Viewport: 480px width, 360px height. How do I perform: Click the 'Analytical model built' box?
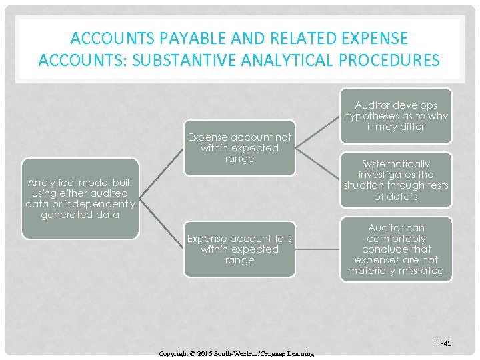point(80,198)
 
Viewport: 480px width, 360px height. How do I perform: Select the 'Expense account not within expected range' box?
point(239,148)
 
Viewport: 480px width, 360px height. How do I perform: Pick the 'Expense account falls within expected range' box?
point(239,249)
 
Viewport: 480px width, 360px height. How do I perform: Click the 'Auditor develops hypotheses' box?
point(396,115)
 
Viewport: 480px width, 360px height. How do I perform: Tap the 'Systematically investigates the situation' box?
point(396,180)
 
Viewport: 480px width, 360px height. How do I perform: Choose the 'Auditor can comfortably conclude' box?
point(396,249)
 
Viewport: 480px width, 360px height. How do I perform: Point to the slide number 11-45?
point(441,343)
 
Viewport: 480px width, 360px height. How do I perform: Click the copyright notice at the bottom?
point(236,353)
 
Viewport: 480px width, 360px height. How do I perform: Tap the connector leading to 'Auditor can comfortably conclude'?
point(317,249)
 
